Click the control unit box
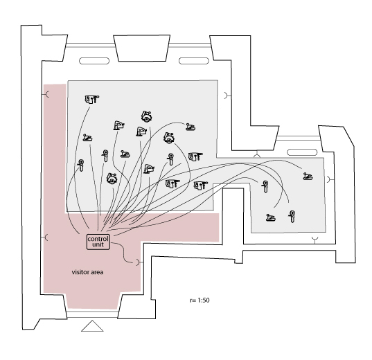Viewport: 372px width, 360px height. point(98,242)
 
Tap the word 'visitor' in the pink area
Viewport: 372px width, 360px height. point(80,272)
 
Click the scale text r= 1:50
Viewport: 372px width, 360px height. point(200,300)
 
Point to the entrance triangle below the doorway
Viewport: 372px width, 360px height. point(92,326)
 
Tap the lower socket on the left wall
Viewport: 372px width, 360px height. point(46,237)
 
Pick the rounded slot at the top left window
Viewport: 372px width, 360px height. point(94,61)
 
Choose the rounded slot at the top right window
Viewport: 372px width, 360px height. point(194,61)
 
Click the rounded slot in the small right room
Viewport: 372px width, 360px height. point(302,152)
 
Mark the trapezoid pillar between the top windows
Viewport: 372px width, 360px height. point(142,48)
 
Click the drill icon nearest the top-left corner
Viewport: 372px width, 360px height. point(92,99)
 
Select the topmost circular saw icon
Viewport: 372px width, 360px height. point(147,116)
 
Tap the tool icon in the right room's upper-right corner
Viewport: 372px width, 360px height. point(308,177)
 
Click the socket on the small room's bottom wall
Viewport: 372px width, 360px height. point(315,240)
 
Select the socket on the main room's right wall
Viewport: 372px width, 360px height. point(227,96)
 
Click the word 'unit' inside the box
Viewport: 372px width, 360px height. point(98,244)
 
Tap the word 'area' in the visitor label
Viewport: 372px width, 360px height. point(97,272)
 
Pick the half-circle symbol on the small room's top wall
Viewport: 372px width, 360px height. point(257,155)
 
